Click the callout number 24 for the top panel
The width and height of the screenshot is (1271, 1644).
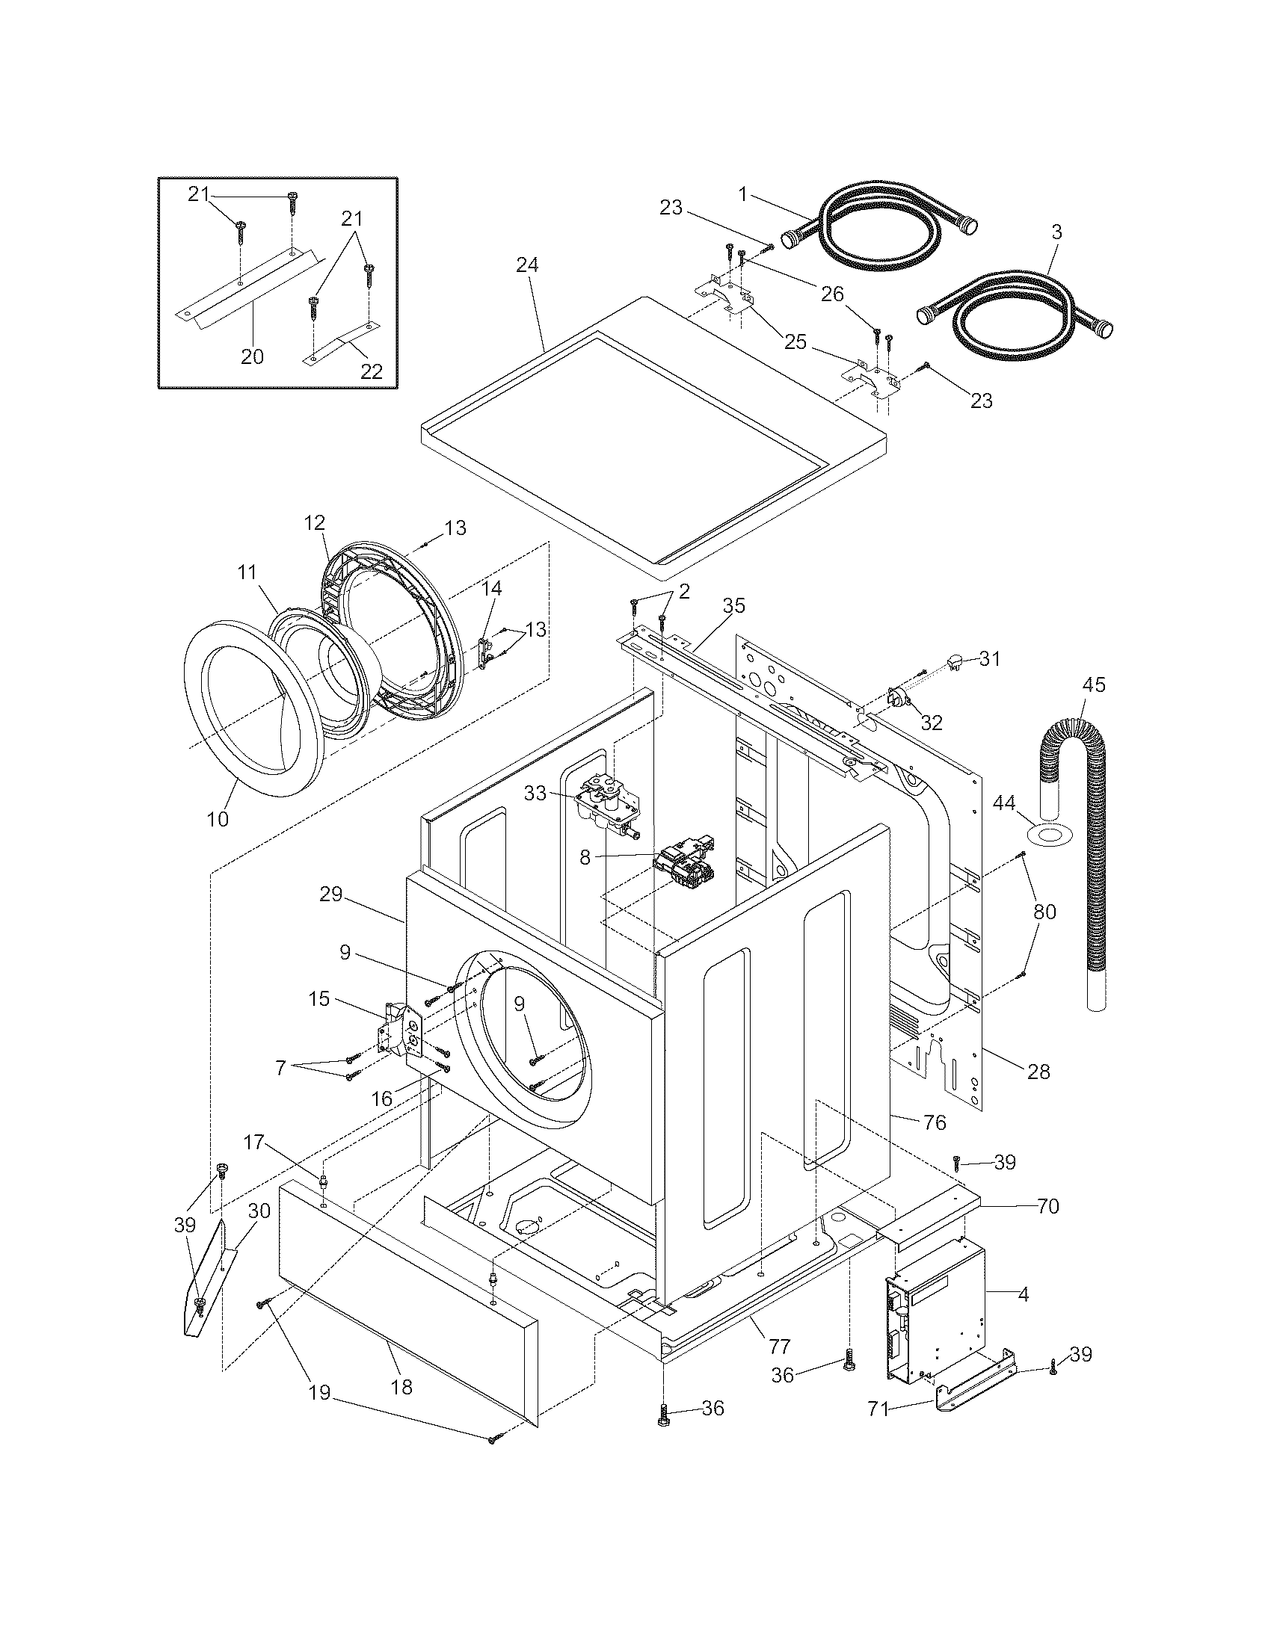tap(527, 265)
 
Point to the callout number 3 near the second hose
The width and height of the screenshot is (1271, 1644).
tap(1056, 232)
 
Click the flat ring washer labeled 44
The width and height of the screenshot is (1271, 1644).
tap(1048, 833)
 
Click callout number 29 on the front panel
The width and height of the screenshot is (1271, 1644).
tap(330, 894)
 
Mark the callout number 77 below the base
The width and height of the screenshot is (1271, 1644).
tap(779, 1345)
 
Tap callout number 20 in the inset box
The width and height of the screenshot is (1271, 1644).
tap(252, 356)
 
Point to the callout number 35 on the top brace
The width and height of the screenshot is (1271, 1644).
tap(733, 605)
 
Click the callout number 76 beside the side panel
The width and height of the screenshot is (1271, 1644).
tap(934, 1122)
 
